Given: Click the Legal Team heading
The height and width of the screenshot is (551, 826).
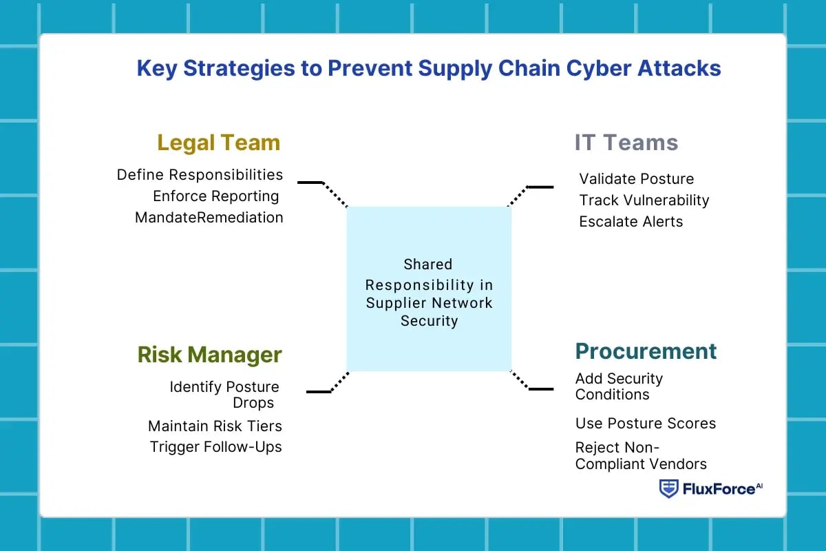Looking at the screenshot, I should coord(218,143).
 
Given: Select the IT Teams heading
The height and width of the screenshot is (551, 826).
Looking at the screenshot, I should coord(626,143).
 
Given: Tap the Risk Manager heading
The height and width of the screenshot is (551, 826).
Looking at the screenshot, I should coord(209,355).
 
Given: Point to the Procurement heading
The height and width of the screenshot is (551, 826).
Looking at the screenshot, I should coord(646,351).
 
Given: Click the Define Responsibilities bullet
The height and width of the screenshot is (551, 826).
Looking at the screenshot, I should coord(200,175).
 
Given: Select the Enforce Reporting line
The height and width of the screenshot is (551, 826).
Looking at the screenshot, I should coord(215,196).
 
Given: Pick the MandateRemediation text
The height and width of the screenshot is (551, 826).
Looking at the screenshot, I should coord(209,218).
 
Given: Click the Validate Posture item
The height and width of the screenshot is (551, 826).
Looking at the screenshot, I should coord(636,179).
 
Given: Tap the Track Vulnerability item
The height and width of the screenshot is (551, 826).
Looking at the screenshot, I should coord(644,200).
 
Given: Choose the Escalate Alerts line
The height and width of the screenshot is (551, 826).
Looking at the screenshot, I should coord(631,222).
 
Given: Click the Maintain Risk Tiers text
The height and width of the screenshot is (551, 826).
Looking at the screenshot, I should coord(215,426).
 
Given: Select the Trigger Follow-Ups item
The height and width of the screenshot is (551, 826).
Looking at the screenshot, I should coord(215,447).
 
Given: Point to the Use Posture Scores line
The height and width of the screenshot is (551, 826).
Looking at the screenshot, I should coord(645,424).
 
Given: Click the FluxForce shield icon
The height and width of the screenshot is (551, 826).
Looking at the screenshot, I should coord(668,489).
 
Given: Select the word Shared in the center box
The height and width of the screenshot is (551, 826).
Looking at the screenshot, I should coord(428,264).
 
